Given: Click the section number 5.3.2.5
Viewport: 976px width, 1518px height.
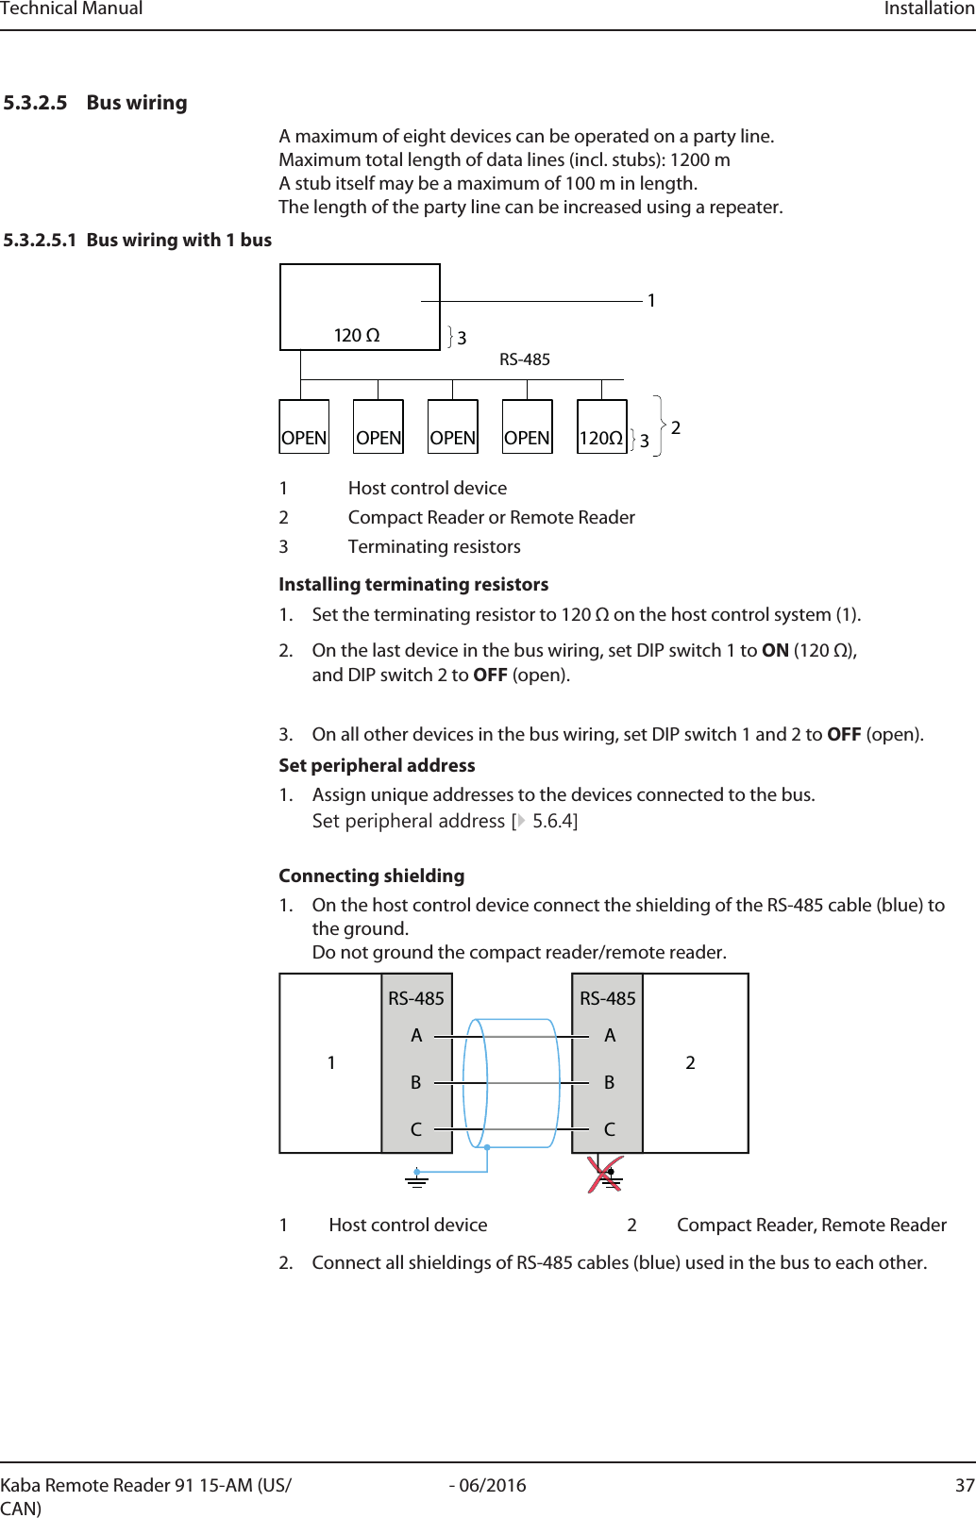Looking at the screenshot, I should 35,103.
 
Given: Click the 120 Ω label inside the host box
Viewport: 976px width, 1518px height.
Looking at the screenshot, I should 357,336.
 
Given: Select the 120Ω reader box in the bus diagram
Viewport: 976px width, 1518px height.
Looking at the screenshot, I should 601,427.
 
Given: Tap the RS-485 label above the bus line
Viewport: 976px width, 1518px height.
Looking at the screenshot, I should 525,359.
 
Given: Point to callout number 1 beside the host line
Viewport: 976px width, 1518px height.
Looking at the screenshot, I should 651,301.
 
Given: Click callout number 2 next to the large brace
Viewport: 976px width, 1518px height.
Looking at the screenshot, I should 676,428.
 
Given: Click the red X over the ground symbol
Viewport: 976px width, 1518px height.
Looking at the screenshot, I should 605,1175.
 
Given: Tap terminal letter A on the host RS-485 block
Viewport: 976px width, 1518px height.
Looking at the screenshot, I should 416,1036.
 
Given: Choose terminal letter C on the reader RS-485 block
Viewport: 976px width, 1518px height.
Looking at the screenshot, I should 610,1129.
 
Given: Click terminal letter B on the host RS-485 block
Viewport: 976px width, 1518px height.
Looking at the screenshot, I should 416,1083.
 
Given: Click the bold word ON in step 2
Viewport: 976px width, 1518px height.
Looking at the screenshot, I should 775,651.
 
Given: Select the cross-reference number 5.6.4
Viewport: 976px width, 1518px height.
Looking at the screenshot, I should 553,822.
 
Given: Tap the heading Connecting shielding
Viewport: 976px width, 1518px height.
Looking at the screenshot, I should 371,876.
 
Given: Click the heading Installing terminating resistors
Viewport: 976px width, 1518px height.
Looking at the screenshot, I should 413,585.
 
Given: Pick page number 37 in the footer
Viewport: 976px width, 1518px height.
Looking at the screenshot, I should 964,1486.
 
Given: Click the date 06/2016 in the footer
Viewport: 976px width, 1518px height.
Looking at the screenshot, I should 492,1486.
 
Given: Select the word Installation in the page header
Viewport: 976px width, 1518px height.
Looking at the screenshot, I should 929,9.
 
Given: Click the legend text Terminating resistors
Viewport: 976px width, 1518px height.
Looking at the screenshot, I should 434,547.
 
